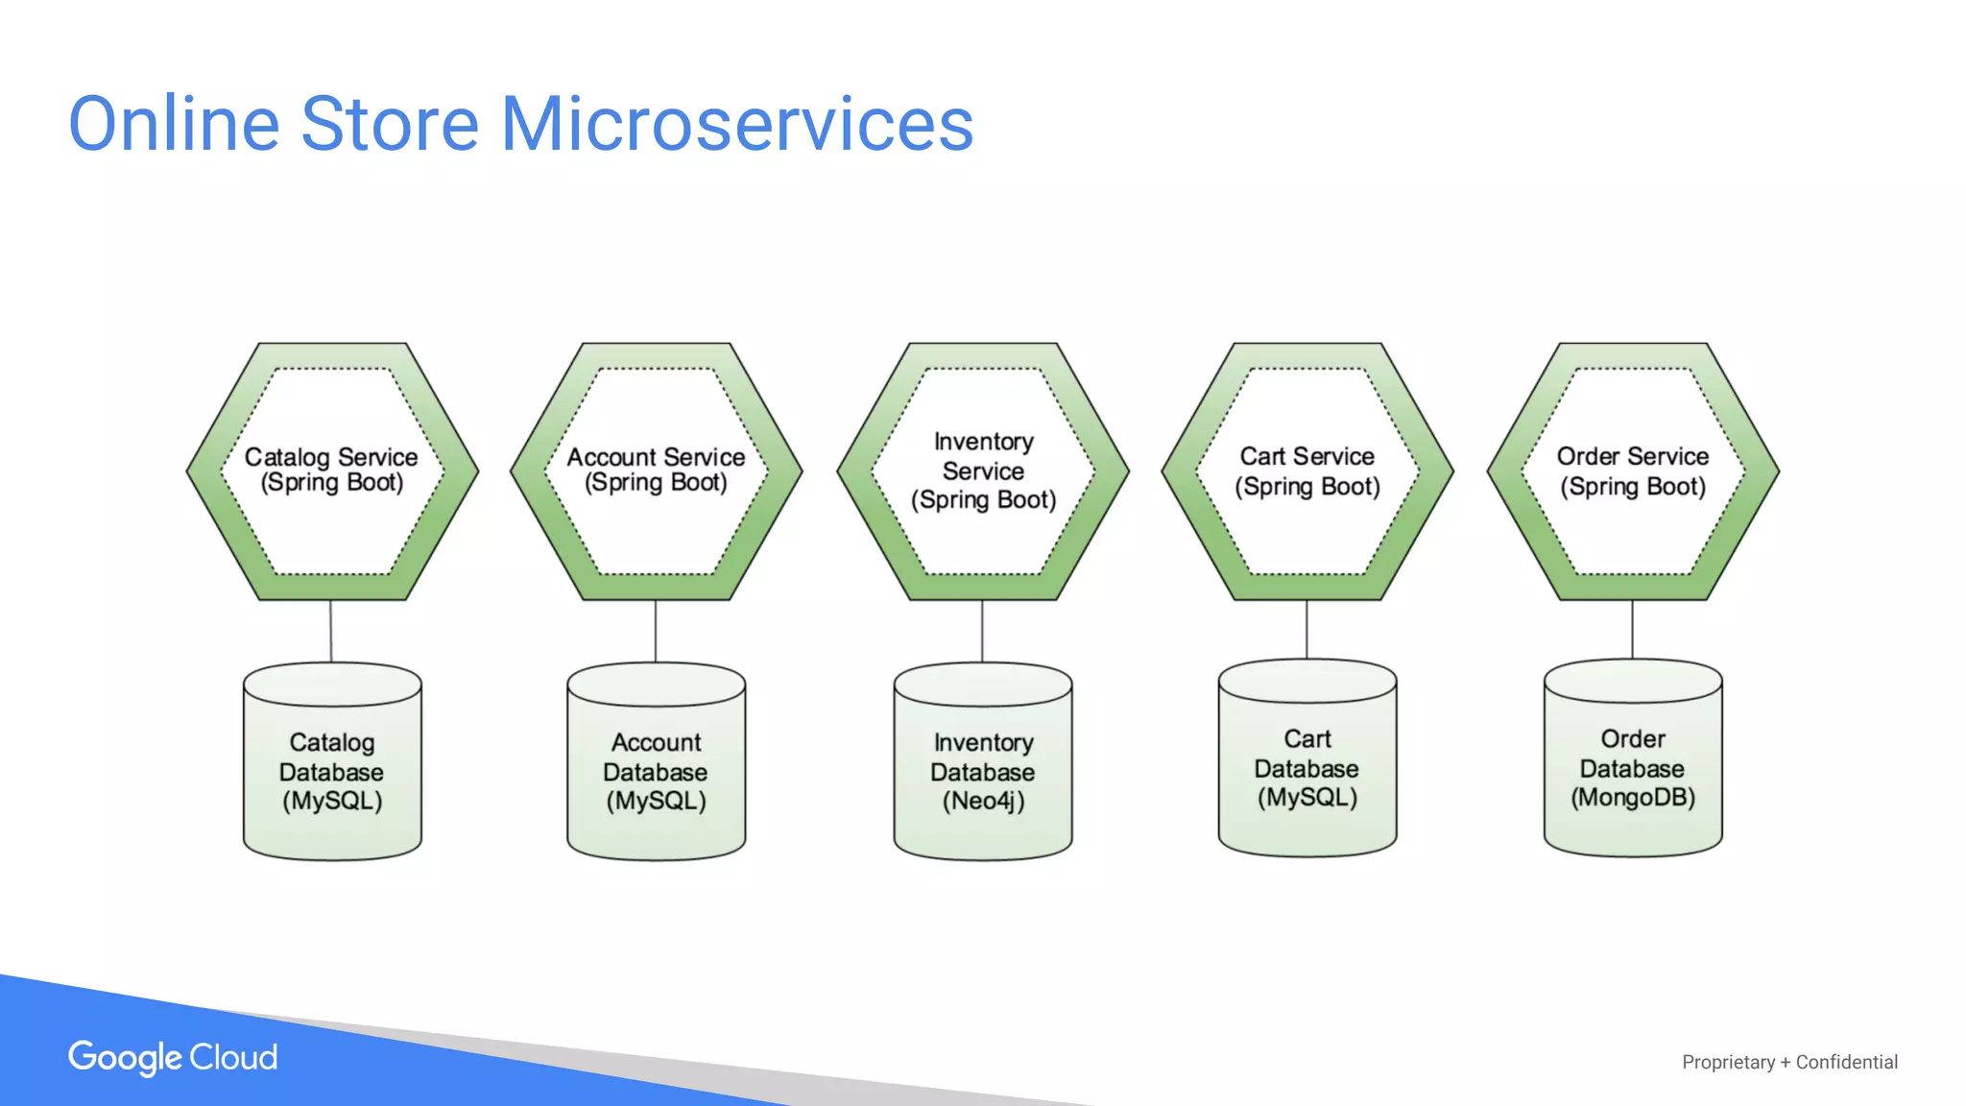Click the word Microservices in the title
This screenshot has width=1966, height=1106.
pos(736,125)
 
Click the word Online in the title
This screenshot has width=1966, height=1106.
pos(174,125)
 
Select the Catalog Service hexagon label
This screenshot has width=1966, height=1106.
pos(332,469)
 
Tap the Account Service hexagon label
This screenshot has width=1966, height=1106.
pos(656,469)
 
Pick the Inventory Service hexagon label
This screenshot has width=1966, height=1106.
pos(983,470)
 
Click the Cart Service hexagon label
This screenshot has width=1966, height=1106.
pos(1307,470)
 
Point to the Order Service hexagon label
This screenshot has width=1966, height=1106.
pos(1633,470)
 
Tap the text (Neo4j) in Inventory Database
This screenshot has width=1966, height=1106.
pos(983,801)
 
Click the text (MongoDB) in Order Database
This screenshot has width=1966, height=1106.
pos(1633,798)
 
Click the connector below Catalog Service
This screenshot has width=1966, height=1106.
pos(331,631)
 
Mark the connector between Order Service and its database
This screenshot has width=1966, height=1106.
pos(1633,629)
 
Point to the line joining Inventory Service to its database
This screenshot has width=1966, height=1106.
pos(982,631)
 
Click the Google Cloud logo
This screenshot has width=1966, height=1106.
pos(173,1057)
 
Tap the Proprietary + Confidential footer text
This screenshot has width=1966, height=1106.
pos(1789,1062)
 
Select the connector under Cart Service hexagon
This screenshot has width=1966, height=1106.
pos(1307,629)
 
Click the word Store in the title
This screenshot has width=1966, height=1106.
pos(390,125)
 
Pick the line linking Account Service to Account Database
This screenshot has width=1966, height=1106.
pos(656,631)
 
